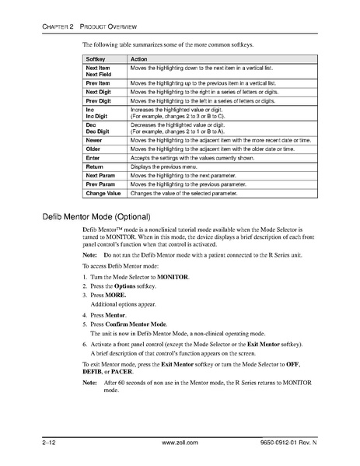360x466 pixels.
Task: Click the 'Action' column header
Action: [x=139, y=58]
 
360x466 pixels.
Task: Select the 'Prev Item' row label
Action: [x=98, y=82]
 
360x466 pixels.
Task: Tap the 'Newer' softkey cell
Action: [x=94, y=139]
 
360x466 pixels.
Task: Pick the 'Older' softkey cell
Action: [x=93, y=148]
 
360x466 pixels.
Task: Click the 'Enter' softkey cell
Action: [x=93, y=157]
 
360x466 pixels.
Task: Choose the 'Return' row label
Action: [x=95, y=166]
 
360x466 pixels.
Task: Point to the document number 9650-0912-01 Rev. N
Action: [x=295, y=442]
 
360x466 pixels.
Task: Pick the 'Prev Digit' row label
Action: [x=99, y=100]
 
